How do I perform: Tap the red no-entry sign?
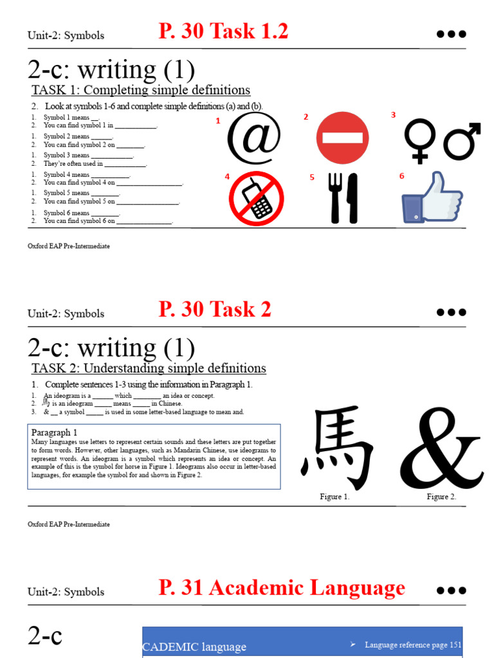(343, 138)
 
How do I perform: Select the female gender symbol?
(419, 140)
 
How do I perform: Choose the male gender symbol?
(462, 140)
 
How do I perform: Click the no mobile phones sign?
(256, 199)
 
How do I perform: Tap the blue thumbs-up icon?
(432, 197)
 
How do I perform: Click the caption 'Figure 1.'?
(334, 497)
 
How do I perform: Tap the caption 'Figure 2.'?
(441, 497)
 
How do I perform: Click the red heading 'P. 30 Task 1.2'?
(223, 31)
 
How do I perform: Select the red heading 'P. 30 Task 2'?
(215, 310)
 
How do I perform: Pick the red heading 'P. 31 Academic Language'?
(282, 588)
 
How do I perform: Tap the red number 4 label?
(227, 177)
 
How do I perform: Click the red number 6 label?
(401, 175)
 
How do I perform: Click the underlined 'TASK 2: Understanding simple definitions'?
(149, 368)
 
